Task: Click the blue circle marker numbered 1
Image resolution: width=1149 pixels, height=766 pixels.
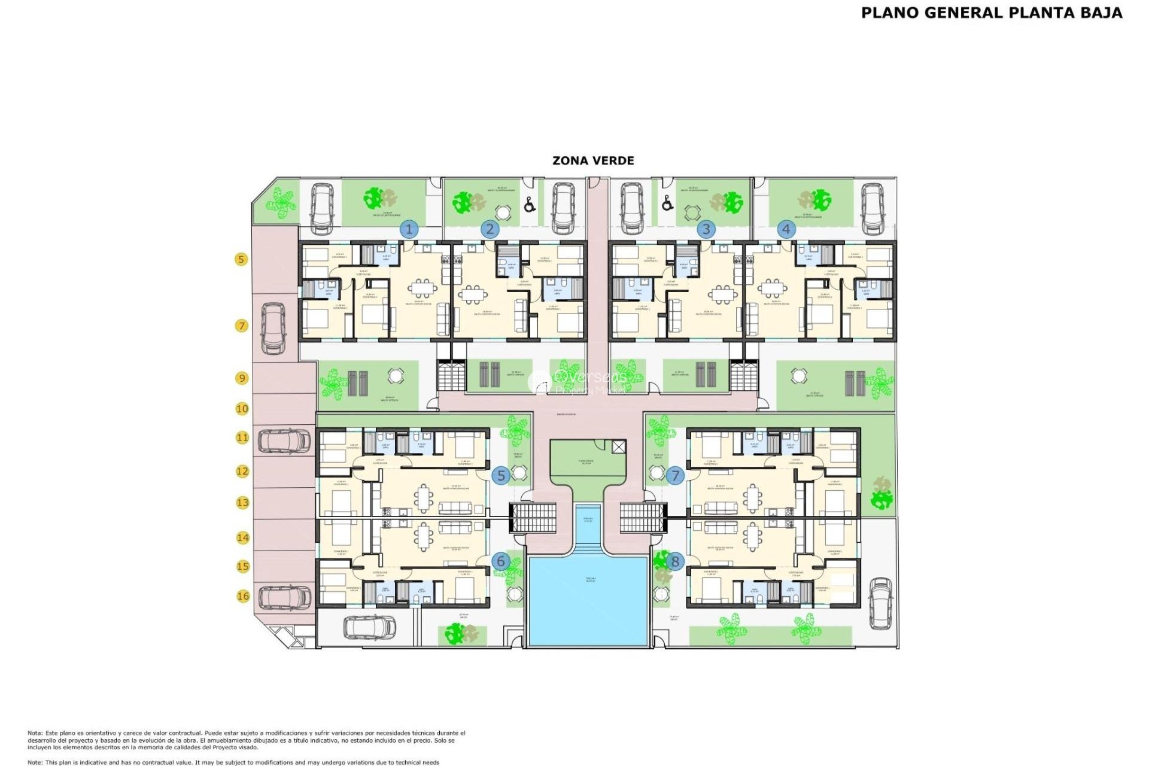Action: pyautogui.click(x=409, y=229)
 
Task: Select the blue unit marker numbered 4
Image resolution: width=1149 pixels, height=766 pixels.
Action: pyautogui.click(x=786, y=229)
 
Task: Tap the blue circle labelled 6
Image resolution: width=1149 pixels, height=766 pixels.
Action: pyautogui.click(x=501, y=561)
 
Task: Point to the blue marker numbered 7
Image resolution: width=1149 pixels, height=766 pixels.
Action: pyautogui.click(x=675, y=476)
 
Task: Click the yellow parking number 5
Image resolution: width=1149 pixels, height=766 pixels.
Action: pyautogui.click(x=241, y=259)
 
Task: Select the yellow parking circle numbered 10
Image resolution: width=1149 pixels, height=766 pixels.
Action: pyautogui.click(x=242, y=409)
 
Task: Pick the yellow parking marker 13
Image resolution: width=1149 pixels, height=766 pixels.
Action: pyautogui.click(x=242, y=503)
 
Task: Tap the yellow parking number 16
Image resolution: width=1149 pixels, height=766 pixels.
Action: pyautogui.click(x=243, y=596)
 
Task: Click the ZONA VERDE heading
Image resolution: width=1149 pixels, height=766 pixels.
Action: pyautogui.click(x=593, y=160)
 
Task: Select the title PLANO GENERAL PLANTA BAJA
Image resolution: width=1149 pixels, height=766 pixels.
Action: pyautogui.click(x=992, y=13)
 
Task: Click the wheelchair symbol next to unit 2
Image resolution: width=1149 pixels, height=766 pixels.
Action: pyautogui.click(x=530, y=205)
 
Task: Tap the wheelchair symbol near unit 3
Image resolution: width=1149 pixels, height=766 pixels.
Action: pyautogui.click(x=668, y=203)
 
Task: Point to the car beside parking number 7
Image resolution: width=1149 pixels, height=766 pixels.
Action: pyautogui.click(x=274, y=328)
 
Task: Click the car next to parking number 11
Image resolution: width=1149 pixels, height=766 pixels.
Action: pyautogui.click(x=284, y=441)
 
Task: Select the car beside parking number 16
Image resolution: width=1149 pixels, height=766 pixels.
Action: pyautogui.click(x=284, y=597)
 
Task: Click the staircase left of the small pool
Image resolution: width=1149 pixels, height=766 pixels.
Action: pyautogui.click(x=533, y=518)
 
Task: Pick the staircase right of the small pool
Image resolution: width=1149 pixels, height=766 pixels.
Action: pyautogui.click(x=643, y=518)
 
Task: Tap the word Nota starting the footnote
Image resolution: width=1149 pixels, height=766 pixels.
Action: pyautogui.click(x=35, y=733)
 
